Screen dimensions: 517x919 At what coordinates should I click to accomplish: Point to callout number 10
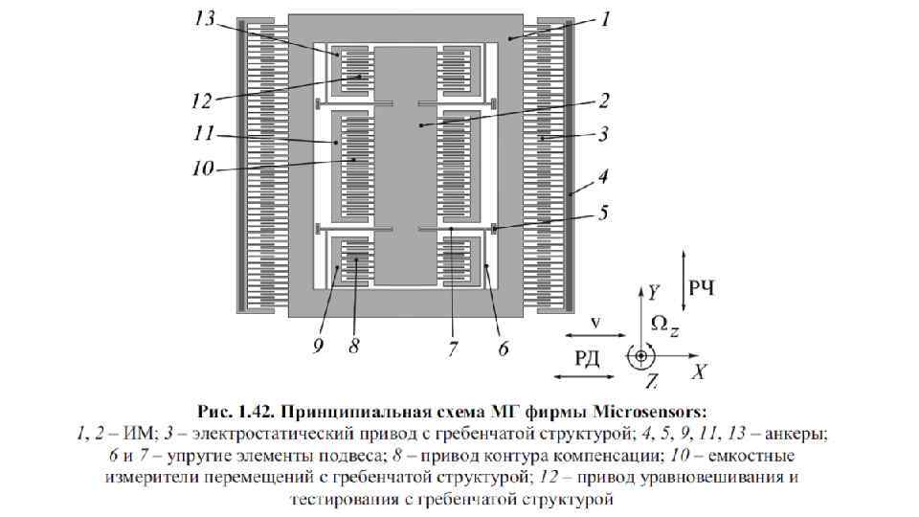coord(201,168)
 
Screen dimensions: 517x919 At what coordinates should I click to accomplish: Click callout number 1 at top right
coord(609,18)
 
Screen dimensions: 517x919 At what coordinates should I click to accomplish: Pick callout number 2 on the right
coord(604,99)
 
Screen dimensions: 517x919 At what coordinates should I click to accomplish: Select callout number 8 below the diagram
coord(353,346)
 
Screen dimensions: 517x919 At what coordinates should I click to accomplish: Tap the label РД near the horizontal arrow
coord(587,358)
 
